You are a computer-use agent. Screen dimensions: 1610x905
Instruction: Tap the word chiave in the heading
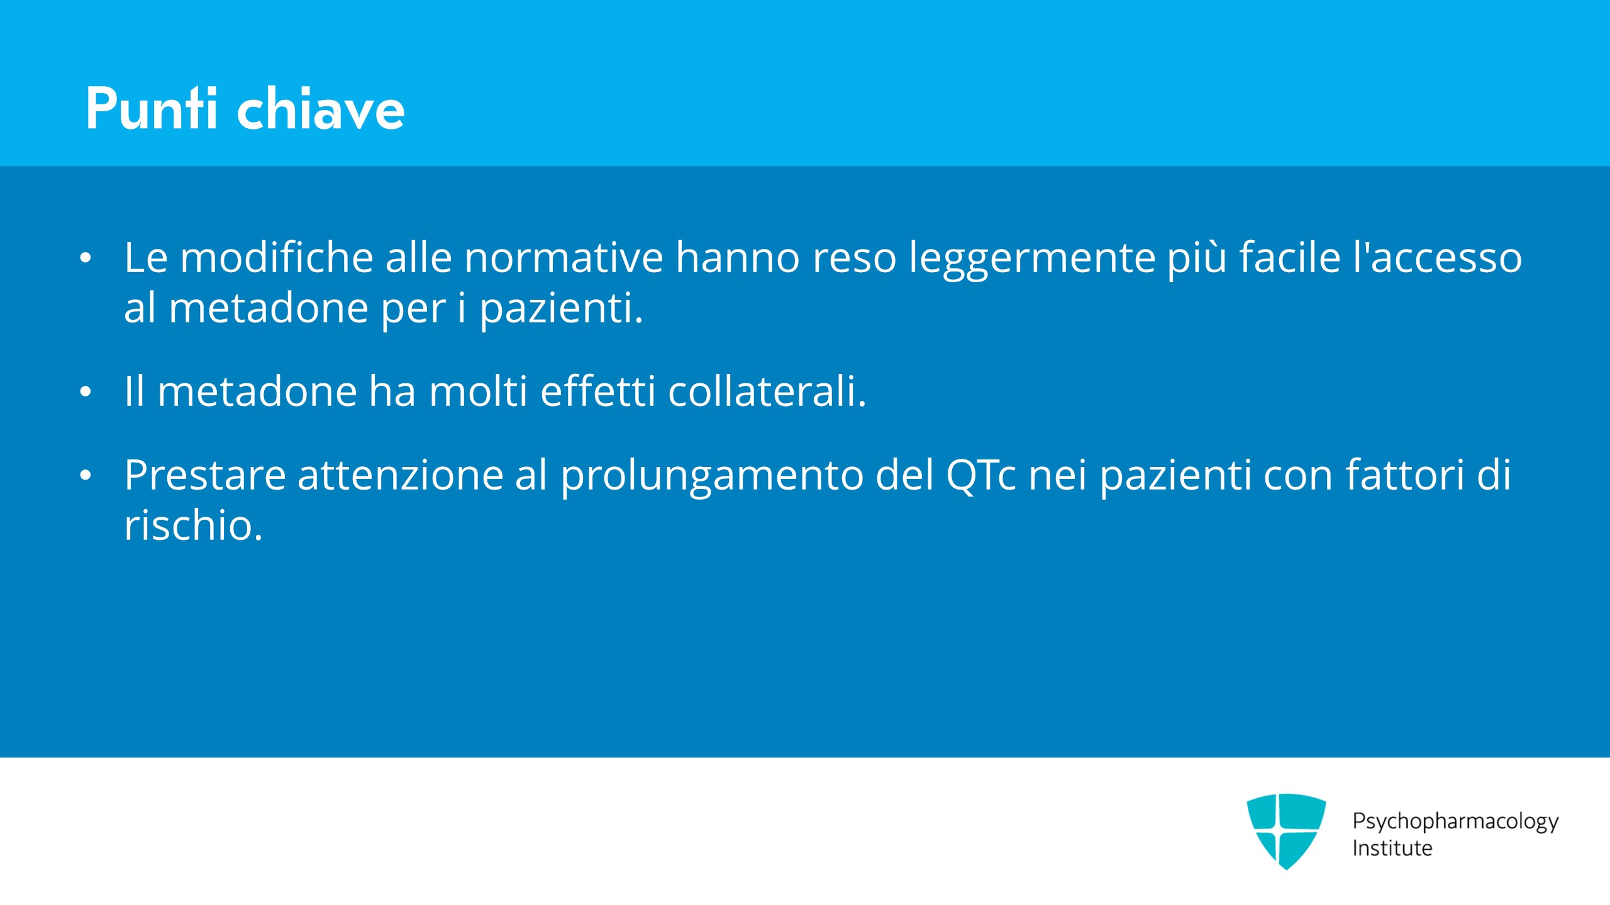[321, 108]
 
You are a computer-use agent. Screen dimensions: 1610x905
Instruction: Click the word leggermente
[1033, 259]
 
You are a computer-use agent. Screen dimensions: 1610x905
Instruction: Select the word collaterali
[767, 391]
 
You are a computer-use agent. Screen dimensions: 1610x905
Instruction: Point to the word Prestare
[205, 474]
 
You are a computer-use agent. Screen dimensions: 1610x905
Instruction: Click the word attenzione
[401, 474]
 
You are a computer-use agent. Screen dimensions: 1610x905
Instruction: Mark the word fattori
[1406, 474]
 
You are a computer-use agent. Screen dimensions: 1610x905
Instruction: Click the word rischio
[193, 525]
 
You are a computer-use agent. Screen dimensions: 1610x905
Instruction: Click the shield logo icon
[1286, 831]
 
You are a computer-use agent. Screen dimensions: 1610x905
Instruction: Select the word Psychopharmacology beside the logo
[1456, 822]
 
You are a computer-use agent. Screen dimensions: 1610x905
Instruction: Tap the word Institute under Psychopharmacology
[1392, 848]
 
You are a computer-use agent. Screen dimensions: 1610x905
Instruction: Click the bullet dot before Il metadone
[86, 392]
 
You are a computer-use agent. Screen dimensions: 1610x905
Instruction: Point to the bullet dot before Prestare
[86, 475]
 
